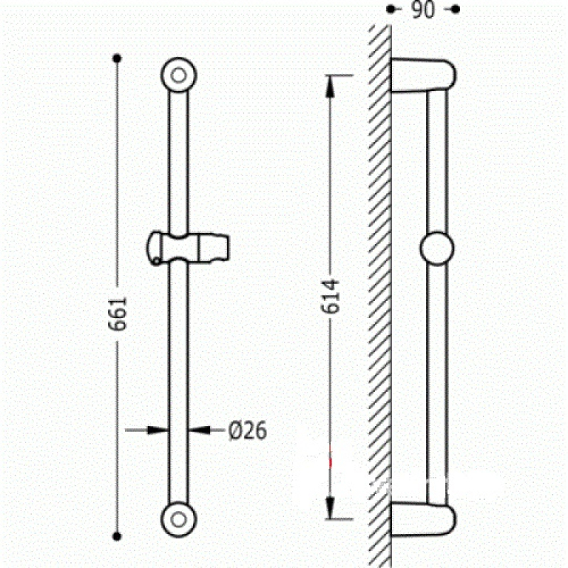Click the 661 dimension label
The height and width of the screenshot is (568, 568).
(118, 314)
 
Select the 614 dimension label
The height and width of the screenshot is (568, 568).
(330, 296)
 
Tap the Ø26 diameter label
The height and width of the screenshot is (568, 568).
(248, 431)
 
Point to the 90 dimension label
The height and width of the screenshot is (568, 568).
(422, 10)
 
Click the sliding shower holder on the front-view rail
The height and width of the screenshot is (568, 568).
(188, 248)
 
